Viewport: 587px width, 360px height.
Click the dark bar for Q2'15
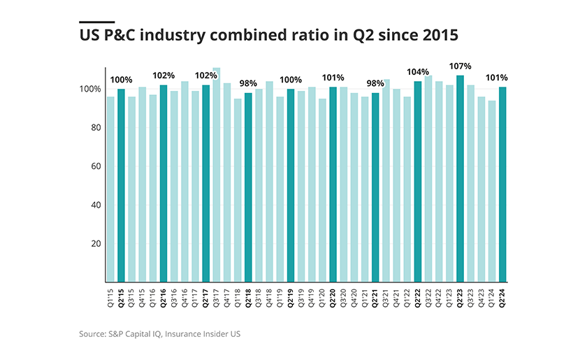tap(121, 185)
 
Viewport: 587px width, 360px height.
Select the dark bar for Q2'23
tap(460, 178)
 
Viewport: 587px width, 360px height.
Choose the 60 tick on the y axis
tap(94, 166)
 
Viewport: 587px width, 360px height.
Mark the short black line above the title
tap(97, 22)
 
